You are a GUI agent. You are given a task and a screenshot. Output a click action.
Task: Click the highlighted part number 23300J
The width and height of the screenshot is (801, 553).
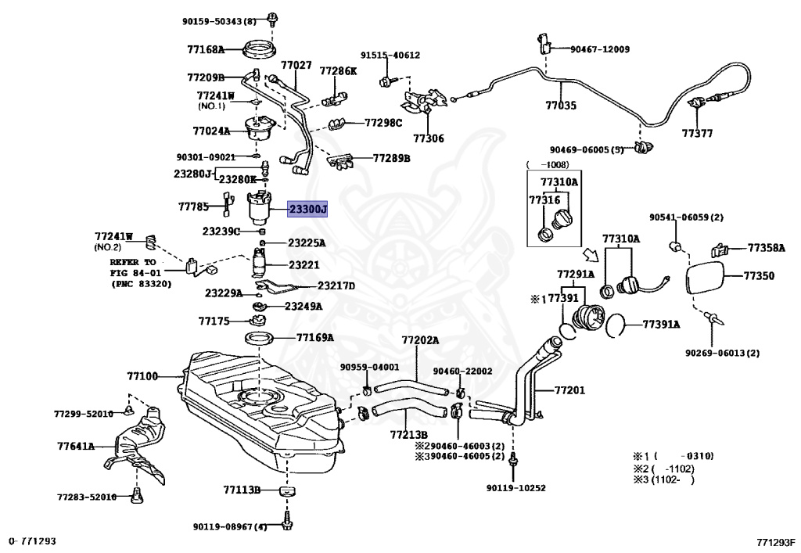pos(307,209)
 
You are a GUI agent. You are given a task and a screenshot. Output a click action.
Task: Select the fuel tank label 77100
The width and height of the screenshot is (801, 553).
pos(142,376)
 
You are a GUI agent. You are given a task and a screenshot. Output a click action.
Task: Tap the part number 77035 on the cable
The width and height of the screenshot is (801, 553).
pos(561,105)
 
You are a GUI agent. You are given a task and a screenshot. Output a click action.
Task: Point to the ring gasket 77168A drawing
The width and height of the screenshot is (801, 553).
pos(260,50)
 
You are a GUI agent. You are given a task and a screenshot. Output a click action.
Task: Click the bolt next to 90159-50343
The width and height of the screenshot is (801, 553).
pos(271,18)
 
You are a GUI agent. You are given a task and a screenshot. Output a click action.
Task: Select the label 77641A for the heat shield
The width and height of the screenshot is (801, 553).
pos(76,446)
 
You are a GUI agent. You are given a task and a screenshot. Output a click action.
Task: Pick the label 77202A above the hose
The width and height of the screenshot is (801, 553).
pos(420,340)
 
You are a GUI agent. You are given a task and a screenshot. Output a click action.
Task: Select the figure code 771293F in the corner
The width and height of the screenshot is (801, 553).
pos(776,542)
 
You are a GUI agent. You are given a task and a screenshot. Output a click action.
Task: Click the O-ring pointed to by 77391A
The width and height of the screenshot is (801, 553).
pos(616,325)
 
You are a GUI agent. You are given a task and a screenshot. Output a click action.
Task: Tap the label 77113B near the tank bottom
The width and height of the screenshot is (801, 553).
pos(242,490)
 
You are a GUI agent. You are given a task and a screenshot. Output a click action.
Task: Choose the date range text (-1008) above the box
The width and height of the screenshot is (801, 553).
pos(547,164)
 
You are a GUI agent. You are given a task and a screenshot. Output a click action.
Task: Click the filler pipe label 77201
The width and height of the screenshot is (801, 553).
pos(569,390)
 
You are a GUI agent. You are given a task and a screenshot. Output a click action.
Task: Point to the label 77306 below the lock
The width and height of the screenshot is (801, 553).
pos(429,138)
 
